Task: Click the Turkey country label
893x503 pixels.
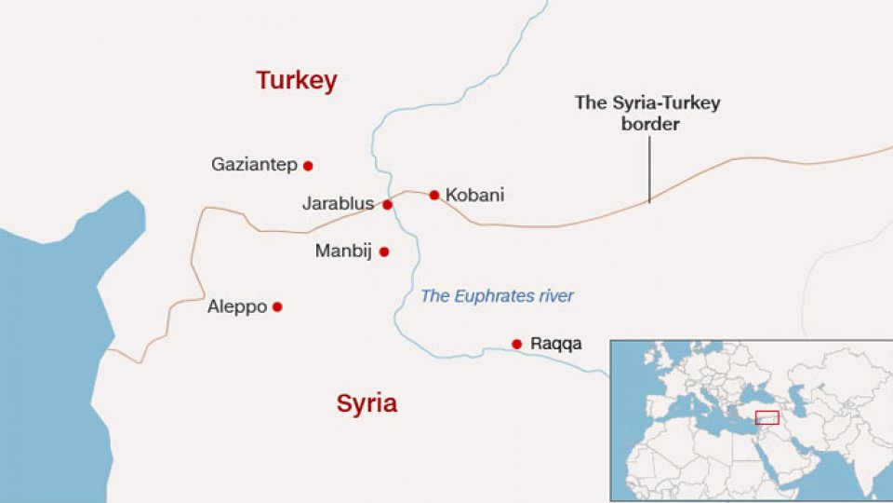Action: click(x=296, y=81)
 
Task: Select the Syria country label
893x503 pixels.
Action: click(x=367, y=403)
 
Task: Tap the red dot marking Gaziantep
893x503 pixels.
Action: click(x=308, y=166)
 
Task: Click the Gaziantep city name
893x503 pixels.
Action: click(x=254, y=165)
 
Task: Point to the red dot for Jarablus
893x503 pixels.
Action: click(x=387, y=204)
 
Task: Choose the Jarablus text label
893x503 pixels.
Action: click(x=338, y=204)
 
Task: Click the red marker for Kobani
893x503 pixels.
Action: click(x=433, y=195)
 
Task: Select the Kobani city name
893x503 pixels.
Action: click(x=474, y=196)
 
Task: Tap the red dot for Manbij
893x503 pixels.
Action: click(x=384, y=251)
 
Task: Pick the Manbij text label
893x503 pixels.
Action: click(x=344, y=251)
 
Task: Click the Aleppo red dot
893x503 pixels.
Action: click(x=277, y=306)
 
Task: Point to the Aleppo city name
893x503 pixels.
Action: click(x=237, y=307)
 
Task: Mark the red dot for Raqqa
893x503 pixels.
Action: click(x=516, y=344)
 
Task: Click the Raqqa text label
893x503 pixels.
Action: click(x=555, y=345)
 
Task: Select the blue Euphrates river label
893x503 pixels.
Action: click(x=497, y=296)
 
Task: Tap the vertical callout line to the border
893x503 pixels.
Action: click(x=649, y=169)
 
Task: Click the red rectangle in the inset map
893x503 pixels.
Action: click(x=766, y=417)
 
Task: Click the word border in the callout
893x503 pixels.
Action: click(x=649, y=124)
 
